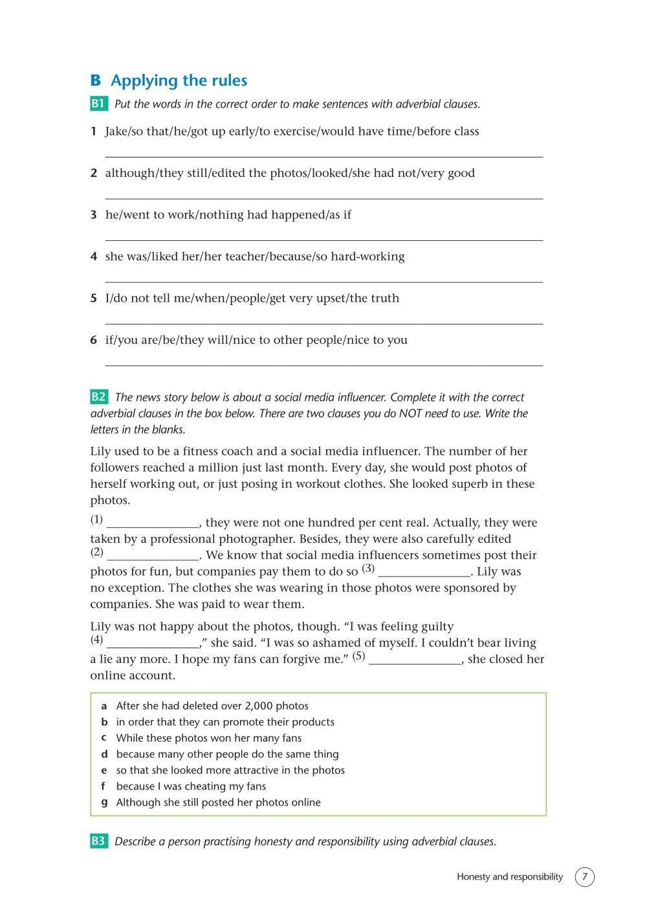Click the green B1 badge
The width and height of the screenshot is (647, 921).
point(98,104)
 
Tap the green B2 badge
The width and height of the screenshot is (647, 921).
point(98,397)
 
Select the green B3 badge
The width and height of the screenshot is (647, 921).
point(98,841)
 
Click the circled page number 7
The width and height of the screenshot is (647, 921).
point(584,877)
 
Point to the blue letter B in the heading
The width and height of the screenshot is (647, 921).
point(96,81)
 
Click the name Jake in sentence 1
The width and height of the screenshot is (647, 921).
point(116,131)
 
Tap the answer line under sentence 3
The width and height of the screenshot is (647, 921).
point(323,240)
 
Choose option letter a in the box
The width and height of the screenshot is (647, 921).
point(104,706)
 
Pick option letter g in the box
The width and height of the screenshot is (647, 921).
point(104,802)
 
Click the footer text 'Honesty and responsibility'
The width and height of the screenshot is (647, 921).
point(510,877)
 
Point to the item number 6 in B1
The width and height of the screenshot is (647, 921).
point(94,340)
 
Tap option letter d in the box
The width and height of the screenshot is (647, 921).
point(104,754)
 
